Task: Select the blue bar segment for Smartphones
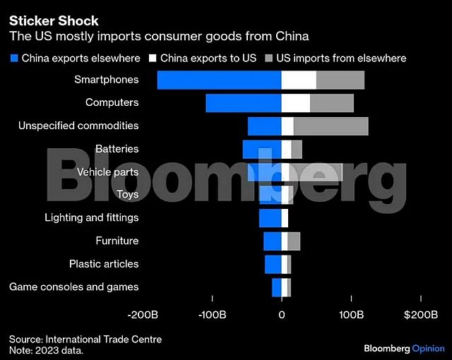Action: [x=219, y=80]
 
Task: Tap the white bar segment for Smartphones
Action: [x=299, y=80]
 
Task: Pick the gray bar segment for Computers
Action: [x=332, y=103]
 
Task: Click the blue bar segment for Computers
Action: [x=244, y=103]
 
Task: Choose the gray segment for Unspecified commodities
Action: [x=331, y=126]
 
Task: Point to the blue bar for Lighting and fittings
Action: [x=270, y=217]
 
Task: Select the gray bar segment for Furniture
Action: [x=294, y=241]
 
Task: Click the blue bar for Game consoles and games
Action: [x=276, y=287]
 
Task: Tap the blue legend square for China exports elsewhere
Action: [x=13, y=58]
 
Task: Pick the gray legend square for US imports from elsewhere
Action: [x=269, y=58]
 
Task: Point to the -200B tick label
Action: [x=143, y=314]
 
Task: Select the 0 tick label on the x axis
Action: [x=281, y=314]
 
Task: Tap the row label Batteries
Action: [x=117, y=149]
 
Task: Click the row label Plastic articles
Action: [x=104, y=264]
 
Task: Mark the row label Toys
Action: [x=127, y=194]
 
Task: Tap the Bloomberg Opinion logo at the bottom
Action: [x=404, y=349]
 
